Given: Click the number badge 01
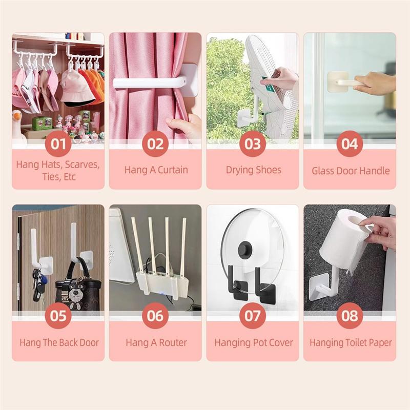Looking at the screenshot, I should (x=58, y=144).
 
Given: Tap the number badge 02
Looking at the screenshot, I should (x=155, y=144).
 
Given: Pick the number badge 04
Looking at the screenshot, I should (x=350, y=144).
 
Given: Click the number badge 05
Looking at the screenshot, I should (x=58, y=316).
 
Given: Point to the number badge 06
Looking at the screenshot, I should (x=155, y=316).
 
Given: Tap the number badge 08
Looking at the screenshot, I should (x=350, y=316).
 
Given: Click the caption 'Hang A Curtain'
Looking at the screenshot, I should (x=156, y=170).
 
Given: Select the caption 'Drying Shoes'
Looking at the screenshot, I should (x=253, y=170).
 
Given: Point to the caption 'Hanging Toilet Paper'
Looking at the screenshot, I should (x=350, y=342).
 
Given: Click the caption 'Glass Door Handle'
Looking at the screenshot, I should (x=350, y=171).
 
